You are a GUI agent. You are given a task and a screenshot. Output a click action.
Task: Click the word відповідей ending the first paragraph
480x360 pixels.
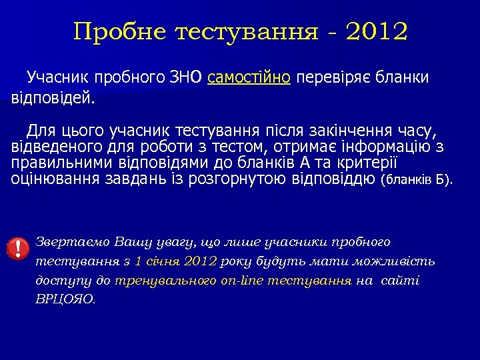pyautogui.click(x=53, y=99)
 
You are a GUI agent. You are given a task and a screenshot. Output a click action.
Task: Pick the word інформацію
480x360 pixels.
pyautogui.click(x=387, y=147)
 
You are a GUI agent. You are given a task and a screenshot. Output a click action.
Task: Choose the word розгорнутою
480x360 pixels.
pyautogui.click(x=239, y=179)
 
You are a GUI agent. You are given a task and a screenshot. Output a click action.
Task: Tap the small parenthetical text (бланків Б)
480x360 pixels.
pyautogui.click(x=416, y=180)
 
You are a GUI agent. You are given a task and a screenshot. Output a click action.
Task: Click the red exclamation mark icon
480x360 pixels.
pyautogui.click(x=17, y=248)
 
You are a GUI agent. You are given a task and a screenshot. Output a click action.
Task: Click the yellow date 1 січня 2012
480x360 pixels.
pyautogui.click(x=175, y=261)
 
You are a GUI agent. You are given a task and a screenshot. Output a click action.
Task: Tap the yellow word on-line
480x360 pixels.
pyautogui.click(x=243, y=281)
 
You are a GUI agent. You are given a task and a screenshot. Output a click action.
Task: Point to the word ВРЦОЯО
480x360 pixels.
pyautogui.click(x=65, y=300)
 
